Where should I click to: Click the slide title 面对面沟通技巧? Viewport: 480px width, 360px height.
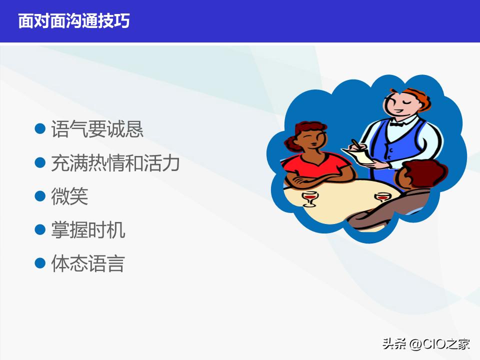[x=74, y=21]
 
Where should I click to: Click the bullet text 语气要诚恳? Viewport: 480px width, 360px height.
[x=97, y=129]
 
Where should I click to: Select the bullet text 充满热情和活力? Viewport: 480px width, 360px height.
[x=115, y=163]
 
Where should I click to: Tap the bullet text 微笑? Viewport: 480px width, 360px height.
[x=69, y=196]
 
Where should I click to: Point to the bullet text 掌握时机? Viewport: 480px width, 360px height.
[x=88, y=230]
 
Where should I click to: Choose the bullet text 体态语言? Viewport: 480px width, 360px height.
[x=88, y=263]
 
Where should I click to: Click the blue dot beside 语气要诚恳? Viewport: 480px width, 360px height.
[x=40, y=129]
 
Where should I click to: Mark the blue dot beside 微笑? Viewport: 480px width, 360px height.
[x=40, y=196]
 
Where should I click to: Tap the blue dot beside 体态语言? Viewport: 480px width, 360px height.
[x=40, y=263]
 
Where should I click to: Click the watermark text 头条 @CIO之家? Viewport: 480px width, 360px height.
[x=426, y=344]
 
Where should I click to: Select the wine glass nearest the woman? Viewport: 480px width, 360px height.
[x=310, y=198]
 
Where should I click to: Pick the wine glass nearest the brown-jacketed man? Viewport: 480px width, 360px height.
[x=382, y=198]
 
